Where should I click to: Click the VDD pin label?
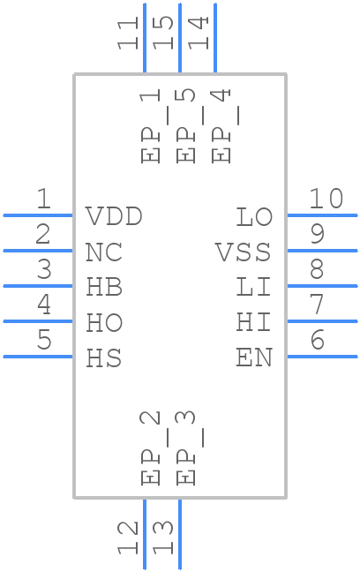coord(114,217)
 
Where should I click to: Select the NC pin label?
coord(104,252)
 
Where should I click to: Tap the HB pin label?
coord(104,288)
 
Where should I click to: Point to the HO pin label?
coord(104,323)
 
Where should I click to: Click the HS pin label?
coord(104,358)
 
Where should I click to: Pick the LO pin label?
coord(254,217)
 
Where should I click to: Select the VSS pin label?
coord(244,252)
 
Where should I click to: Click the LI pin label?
coord(254,288)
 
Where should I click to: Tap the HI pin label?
coord(254,323)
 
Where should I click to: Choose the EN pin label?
coord(254,358)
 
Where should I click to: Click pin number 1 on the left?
coord(43,199)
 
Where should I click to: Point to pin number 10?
coord(326,199)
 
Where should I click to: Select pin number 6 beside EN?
coord(317,341)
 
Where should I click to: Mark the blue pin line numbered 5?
coord(38,357)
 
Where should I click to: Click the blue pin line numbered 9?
coord(322,251)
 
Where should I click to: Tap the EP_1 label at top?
coord(151,125)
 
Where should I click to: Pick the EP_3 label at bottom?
coord(186,448)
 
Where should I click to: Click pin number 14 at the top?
coord(199,33)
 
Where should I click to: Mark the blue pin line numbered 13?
coord(180,534)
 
